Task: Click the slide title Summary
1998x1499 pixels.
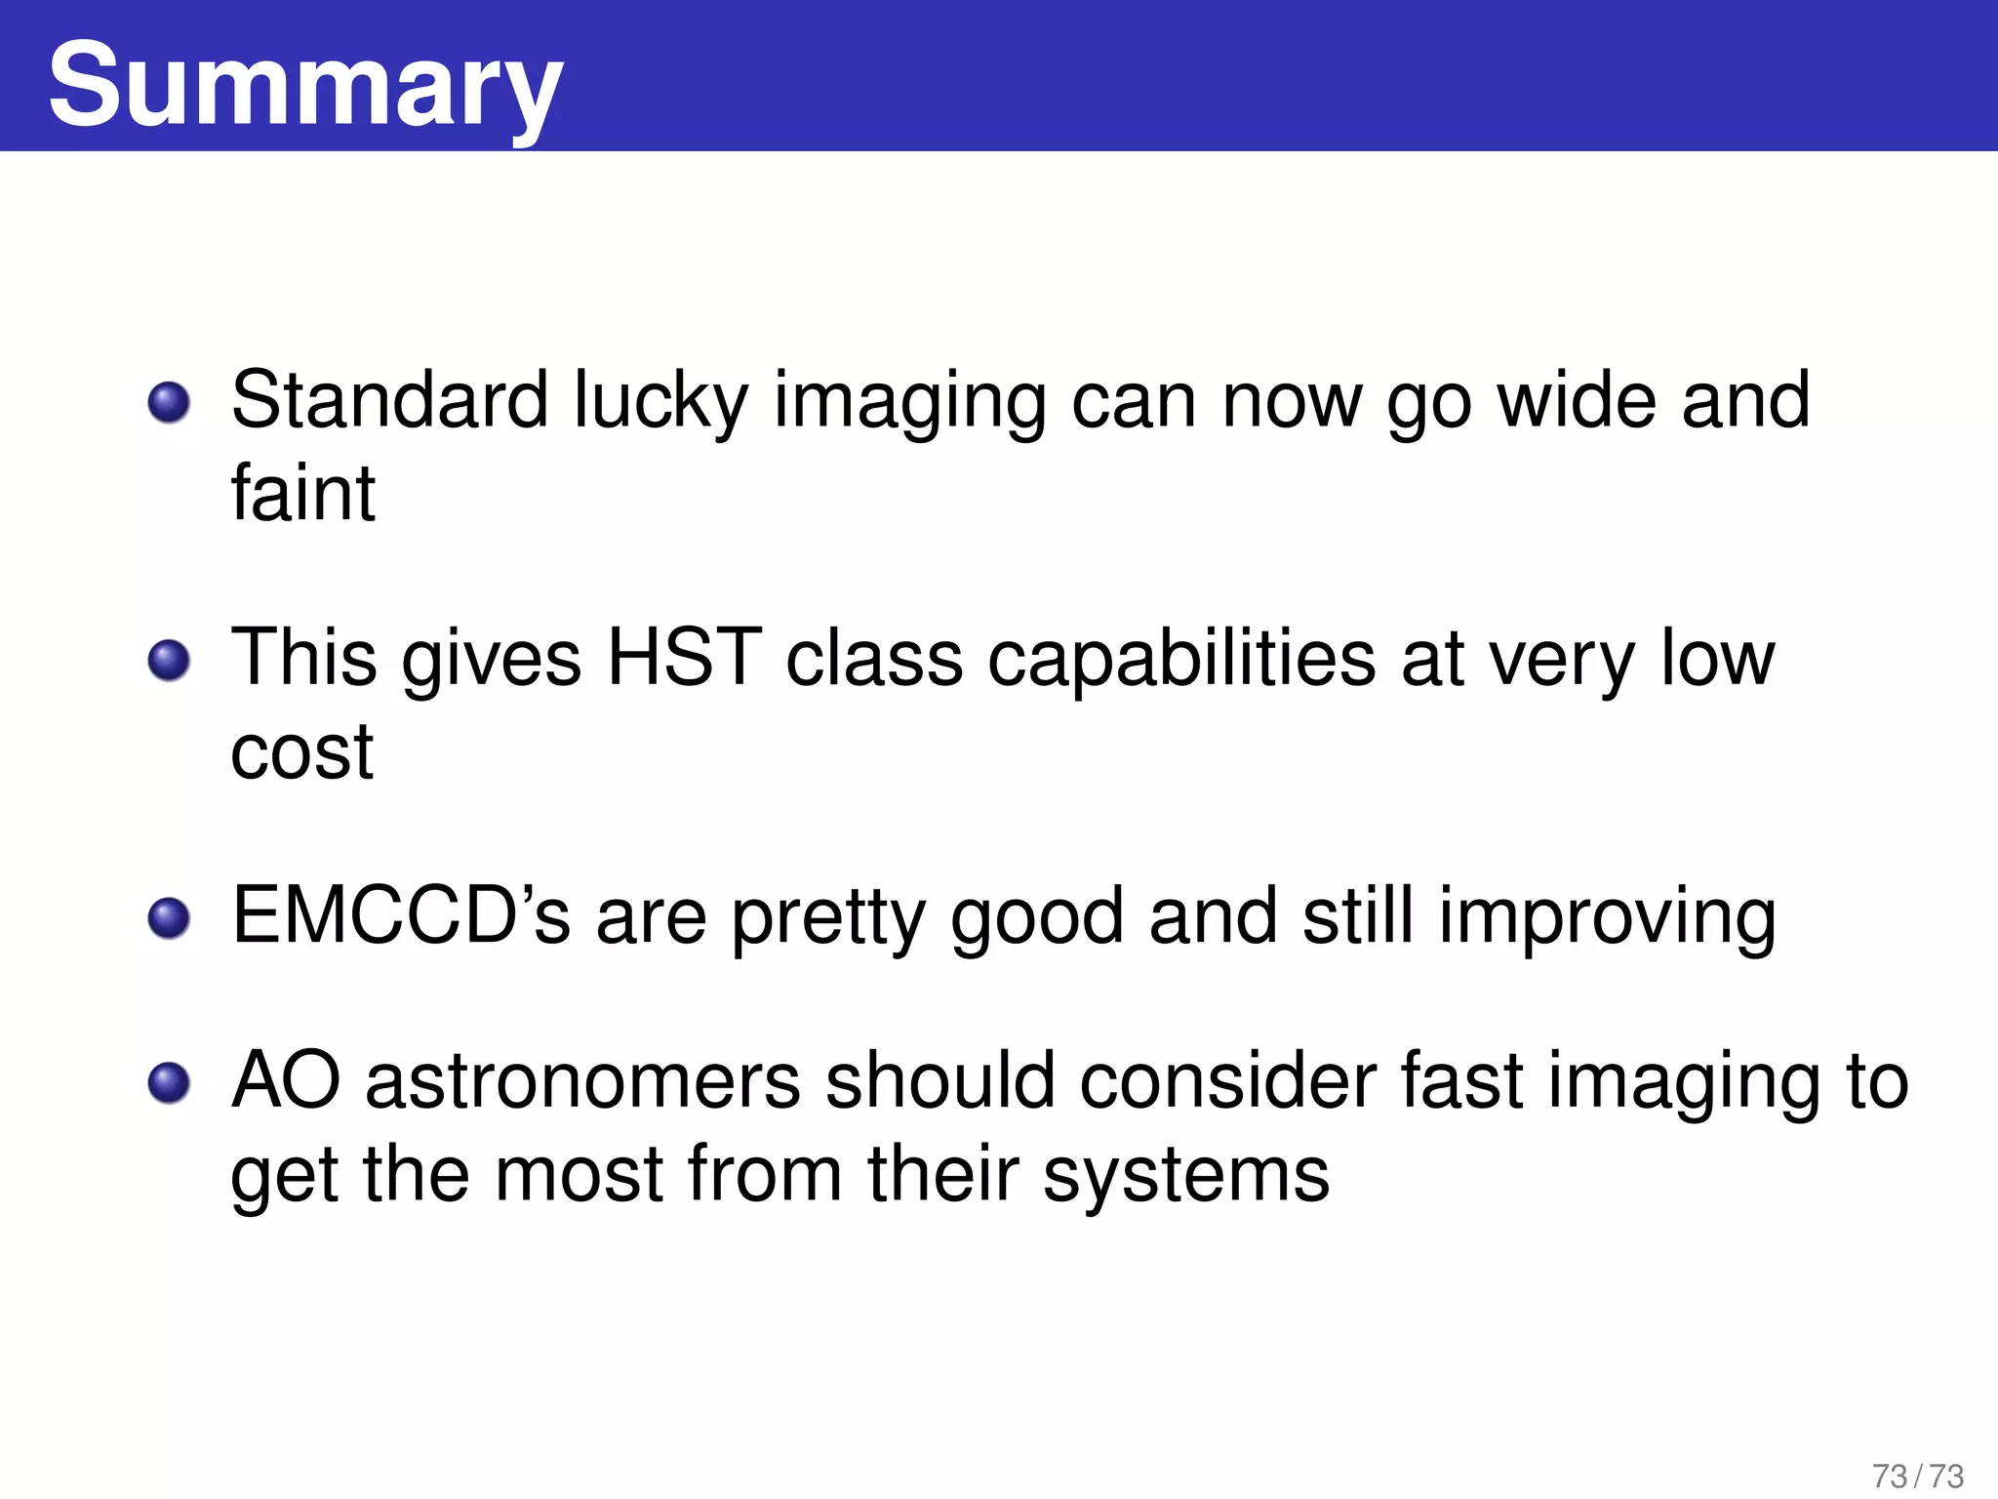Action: tap(304, 86)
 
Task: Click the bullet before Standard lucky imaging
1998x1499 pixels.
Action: tap(170, 402)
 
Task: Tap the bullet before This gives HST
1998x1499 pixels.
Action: tap(170, 661)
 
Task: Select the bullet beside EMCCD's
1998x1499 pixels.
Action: tap(170, 918)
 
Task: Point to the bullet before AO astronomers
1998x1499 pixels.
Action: tap(170, 1082)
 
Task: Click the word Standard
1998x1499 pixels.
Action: tap(389, 400)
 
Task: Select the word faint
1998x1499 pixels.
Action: tap(302, 494)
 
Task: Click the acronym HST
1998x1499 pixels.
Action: tap(684, 658)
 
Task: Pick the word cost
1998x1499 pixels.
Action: tap(301, 752)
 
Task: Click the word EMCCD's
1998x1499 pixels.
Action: tap(401, 916)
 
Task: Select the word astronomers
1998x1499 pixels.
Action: tap(582, 1081)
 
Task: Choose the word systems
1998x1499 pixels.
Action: tap(1185, 1176)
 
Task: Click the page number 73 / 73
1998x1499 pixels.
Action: tap(1918, 1476)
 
